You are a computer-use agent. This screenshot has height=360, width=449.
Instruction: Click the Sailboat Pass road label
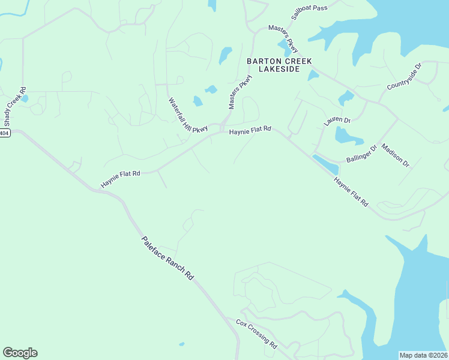point(309,12)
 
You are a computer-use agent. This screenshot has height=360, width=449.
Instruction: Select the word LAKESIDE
point(278,69)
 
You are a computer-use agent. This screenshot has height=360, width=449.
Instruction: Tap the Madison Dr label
point(395,155)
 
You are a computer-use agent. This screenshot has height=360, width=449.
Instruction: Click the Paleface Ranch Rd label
point(168,258)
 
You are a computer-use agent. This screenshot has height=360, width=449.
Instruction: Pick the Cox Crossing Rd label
point(256,334)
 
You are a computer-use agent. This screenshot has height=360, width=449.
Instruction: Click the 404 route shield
point(5,133)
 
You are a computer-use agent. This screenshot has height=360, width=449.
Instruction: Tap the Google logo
point(20,353)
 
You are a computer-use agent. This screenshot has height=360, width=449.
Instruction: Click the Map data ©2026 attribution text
point(423,355)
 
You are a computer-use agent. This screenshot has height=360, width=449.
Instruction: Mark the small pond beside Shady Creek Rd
point(24,98)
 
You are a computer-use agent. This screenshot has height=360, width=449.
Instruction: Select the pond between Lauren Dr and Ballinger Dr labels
point(348,136)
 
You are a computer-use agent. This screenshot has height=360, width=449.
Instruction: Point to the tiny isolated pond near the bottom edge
point(181,344)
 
